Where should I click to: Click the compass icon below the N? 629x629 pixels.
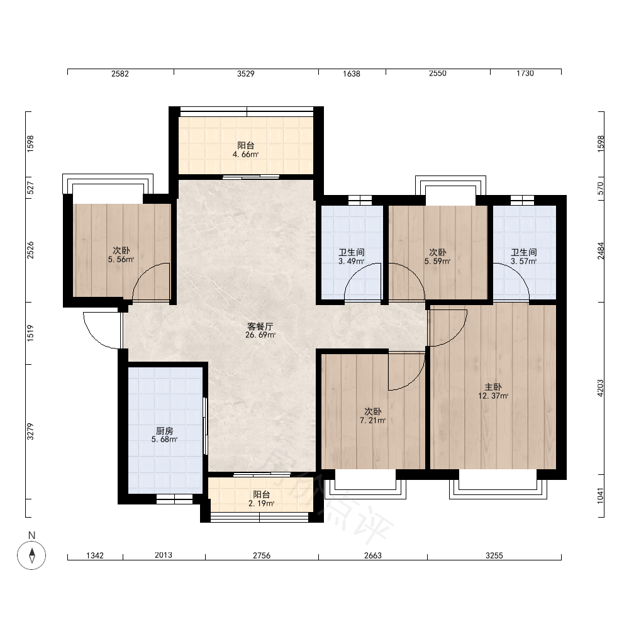click(31, 555)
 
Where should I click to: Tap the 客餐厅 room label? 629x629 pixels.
click(260, 326)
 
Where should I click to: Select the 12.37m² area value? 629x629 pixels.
click(493, 396)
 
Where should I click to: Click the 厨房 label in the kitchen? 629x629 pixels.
click(164, 431)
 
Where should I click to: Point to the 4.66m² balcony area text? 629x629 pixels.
click(245, 155)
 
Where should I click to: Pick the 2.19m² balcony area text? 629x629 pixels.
click(261, 504)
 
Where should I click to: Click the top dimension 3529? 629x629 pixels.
click(245, 74)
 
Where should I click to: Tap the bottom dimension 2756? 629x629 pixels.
click(262, 555)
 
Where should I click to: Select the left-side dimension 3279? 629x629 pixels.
click(30, 431)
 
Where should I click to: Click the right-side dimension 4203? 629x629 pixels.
click(601, 388)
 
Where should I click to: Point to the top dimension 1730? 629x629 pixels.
click(525, 74)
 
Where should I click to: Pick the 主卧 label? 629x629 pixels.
click(493, 387)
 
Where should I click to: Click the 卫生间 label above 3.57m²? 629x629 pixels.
click(523, 252)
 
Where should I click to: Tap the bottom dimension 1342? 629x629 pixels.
click(95, 555)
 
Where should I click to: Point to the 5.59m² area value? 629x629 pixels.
click(437, 262)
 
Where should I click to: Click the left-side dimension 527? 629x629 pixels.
click(30, 187)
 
